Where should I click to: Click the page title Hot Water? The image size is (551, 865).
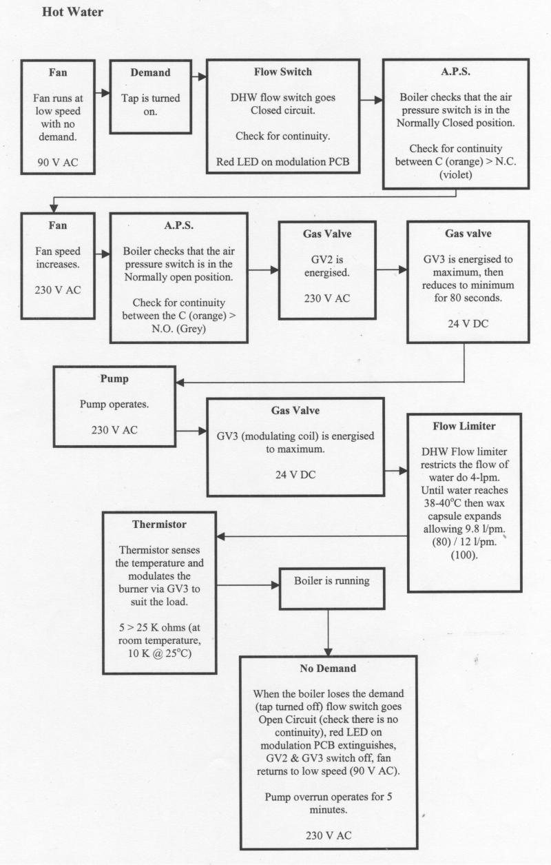[72, 12]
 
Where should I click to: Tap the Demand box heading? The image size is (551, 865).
[150, 72]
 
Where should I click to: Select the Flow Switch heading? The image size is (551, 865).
[282, 72]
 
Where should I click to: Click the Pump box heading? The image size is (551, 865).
[114, 378]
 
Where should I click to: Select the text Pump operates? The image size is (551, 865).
[114, 404]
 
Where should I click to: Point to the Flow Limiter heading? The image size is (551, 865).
[464, 426]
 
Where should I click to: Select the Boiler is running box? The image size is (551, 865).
[331, 581]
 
